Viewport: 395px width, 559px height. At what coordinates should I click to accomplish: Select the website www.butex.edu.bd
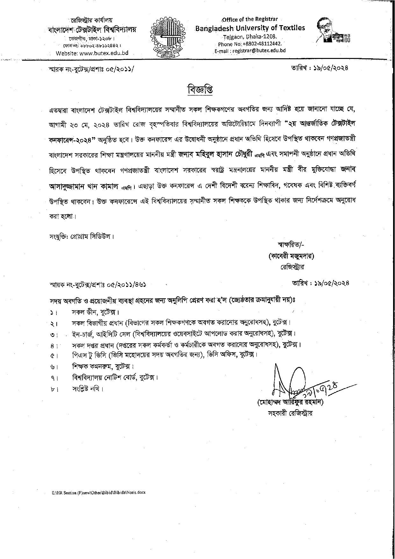click(92, 53)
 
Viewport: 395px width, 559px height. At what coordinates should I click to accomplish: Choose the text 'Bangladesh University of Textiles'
click(250, 28)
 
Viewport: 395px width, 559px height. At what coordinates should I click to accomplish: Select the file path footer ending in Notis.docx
click(99, 492)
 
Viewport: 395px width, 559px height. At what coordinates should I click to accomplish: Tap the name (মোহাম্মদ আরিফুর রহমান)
click(290, 403)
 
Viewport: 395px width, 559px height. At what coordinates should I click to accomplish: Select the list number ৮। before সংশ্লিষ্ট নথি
click(53, 389)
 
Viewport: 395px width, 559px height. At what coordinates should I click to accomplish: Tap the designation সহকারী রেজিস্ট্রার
click(290, 414)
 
